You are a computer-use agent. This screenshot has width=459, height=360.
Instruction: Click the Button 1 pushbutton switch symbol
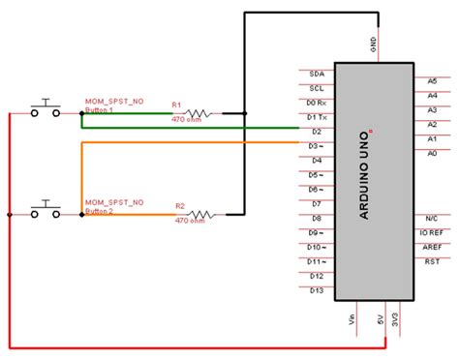[x=45, y=108]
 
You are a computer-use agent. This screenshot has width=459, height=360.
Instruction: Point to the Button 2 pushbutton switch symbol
[x=45, y=209]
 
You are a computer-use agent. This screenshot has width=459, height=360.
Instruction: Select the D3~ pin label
[x=316, y=146]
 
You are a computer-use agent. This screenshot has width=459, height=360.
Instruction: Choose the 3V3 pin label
[x=397, y=319]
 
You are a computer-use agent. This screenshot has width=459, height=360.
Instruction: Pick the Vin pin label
[x=351, y=318]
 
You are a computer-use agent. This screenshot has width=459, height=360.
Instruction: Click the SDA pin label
[x=316, y=74]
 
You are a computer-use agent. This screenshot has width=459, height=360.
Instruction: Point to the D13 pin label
[x=316, y=290]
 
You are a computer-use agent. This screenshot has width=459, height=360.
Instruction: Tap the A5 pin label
[x=431, y=81]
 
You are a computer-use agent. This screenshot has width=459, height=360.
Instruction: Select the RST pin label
[x=432, y=260]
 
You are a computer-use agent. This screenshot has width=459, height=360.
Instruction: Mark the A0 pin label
[x=431, y=153]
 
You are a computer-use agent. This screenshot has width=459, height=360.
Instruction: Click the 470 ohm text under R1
[x=188, y=121]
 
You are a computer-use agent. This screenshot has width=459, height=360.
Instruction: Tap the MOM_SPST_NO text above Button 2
[x=114, y=202]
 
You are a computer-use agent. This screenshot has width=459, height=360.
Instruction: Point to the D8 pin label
[x=316, y=219]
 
